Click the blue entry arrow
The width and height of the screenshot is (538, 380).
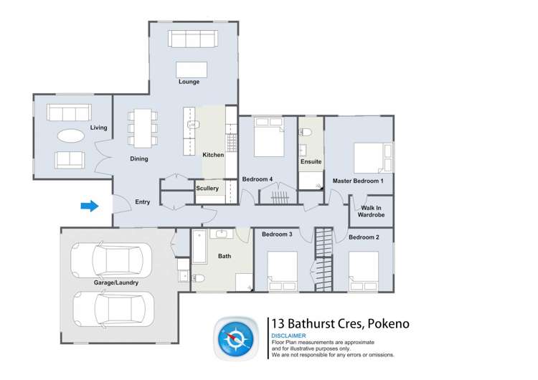89,206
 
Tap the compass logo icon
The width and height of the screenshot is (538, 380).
237,337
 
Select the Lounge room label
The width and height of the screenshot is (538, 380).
189,82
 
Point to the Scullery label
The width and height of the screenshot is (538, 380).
207,189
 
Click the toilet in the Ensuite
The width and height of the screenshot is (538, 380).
306,131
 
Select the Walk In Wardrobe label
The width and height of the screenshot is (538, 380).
372,212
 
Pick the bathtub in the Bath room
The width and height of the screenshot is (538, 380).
199,247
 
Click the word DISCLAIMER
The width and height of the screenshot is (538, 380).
288,336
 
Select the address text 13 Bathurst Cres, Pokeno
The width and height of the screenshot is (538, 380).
340,323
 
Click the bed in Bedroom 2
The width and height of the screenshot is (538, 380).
364,270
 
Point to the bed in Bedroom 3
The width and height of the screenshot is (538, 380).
283,270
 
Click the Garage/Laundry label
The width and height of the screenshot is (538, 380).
115,283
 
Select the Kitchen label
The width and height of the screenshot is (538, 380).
213,155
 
